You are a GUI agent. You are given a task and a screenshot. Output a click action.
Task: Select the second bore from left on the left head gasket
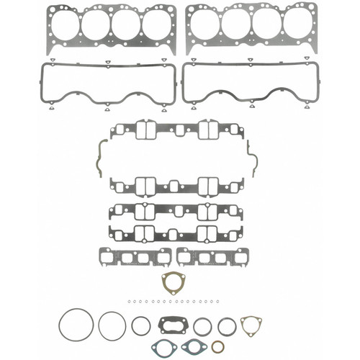pyautogui.click(x=95, y=26)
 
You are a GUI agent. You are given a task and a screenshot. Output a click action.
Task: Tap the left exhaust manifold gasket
pyautogui.click(x=135, y=256)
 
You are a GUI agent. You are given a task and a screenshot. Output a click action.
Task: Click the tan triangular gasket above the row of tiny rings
pyautogui.click(x=174, y=282)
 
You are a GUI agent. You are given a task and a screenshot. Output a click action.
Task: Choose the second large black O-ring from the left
pyautogui.click(x=112, y=325)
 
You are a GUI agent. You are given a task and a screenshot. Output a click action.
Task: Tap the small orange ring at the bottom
pyautogui.click(x=218, y=346)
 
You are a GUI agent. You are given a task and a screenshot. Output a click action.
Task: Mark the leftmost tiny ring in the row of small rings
pyautogui.click(x=125, y=302)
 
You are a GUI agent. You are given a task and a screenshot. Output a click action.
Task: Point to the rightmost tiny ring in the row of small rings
pyautogui.click(x=216, y=302)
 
